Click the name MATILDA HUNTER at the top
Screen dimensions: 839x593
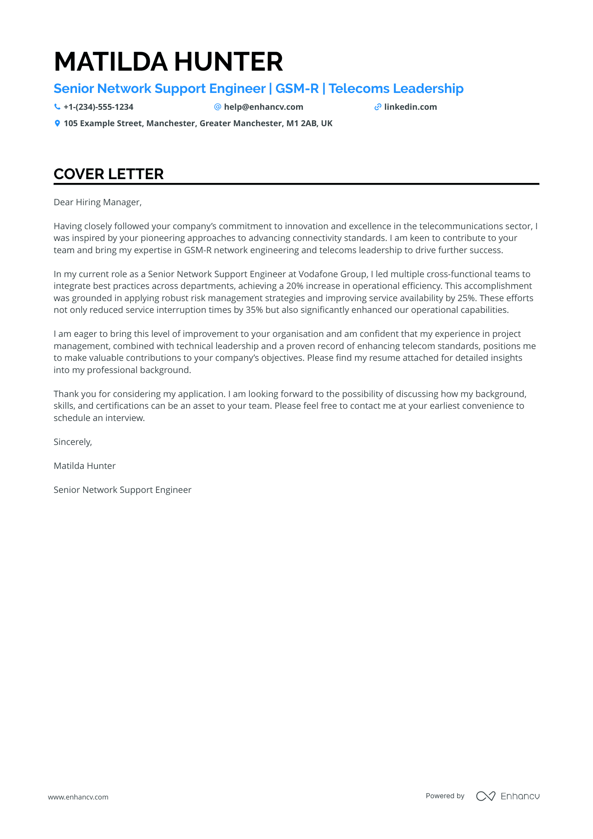pyautogui.click(x=168, y=62)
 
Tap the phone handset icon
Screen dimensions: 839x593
pyautogui.click(x=57, y=107)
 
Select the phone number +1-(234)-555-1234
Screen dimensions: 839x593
pyautogui.click(x=98, y=107)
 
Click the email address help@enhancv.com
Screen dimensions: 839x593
pyautogui.click(x=263, y=107)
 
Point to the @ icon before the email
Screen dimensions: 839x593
pyautogui.click(x=217, y=107)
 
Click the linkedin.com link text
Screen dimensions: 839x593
pyautogui.click(x=410, y=107)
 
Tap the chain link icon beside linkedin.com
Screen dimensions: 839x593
pyautogui.click(x=378, y=107)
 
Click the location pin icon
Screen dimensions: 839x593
pyautogui.click(x=57, y=123)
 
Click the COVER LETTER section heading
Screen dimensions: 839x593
pyautogui.click(x=109, y=174)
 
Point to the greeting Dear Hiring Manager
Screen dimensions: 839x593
pyautogui.click(x=98, y=202)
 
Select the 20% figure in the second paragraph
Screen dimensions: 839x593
pyautogui.click(x=294, y=286)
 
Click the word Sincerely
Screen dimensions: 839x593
pyautogui.click(x=73, y=442)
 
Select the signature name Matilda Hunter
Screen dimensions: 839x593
pyautogui.click(x=85, y=466)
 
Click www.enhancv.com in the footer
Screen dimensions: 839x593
pyautogui.click(x=78, y=797)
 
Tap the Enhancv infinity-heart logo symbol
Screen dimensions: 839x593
pyautogui.click(x=485, y=796)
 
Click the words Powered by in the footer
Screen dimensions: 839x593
pyautogui.click(x=445, y=796)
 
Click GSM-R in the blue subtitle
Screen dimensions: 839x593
pyautogui.click(x=297, y=89)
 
